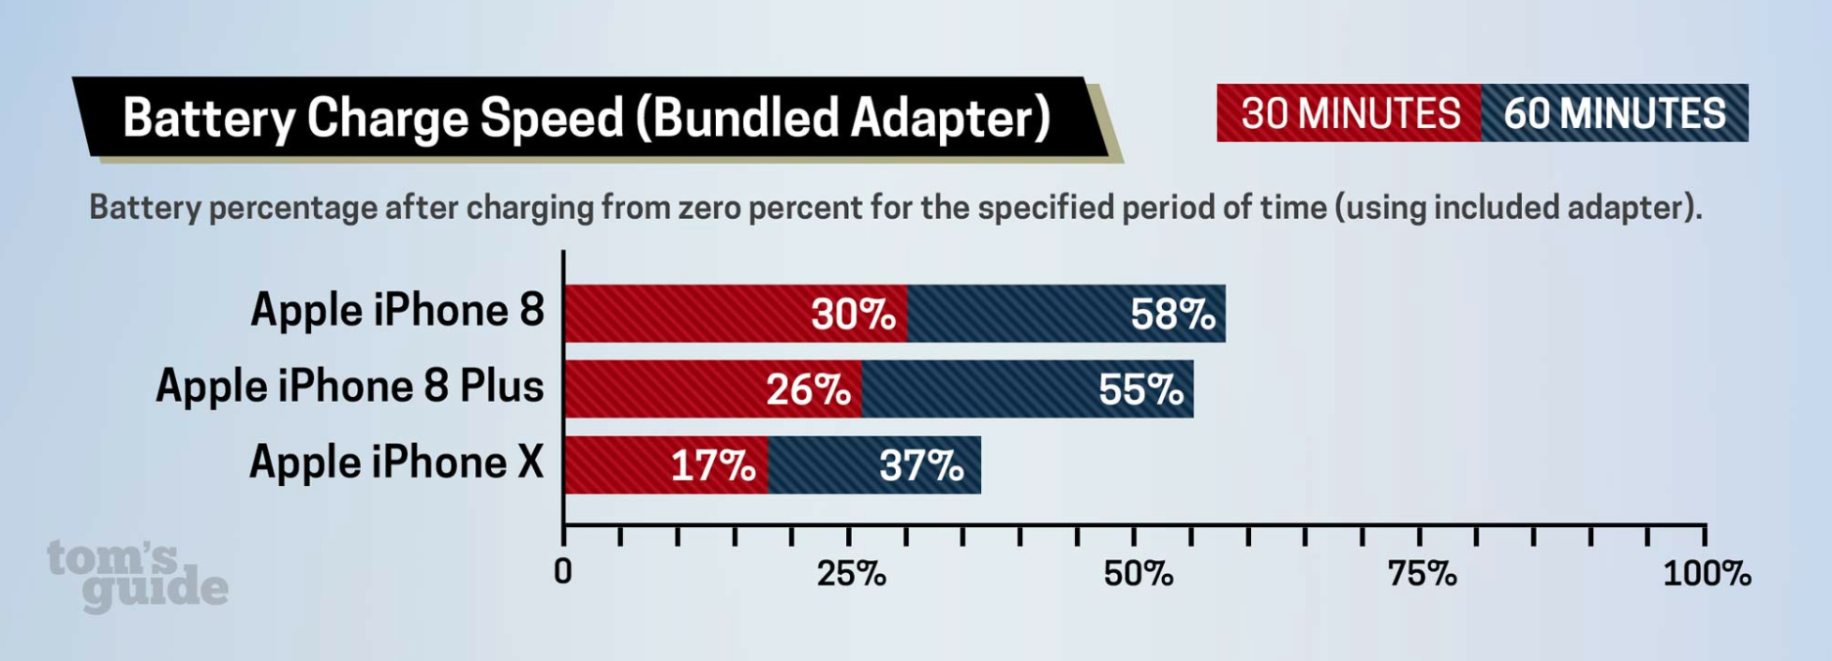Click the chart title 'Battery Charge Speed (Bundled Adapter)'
pyautogui.click(x=586, y=118)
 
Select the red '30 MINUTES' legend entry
pyautogui.click(x=1350, y=114)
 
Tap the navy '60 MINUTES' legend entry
pyautogui.click(x=1615, y=114)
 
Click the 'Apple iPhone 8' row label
pyautogui.click(x=397, y=311)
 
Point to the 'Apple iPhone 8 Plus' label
pyautogui.click(x=349, y=386)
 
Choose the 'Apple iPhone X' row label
pyautogui.click(x=396, y=463)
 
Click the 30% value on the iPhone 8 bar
pyautogui.click(x=853, y=315)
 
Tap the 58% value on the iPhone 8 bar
pyautogui.click(x=1173, y=315)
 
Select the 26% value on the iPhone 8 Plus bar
pyautogui.click(x=808, y=390)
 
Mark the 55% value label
pyautogui.click(x=1140, y=390)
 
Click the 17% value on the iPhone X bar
pyautogui.click(x=713, y=466)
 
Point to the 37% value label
pyautogui.click(x=921, y=466)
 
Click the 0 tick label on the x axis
pyautogui.click(x=562, y=572)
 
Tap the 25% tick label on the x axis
pyautogui.click(x=851, y=574)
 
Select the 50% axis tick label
pyautogui.click(x=1138, y=574)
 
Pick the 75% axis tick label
pyautogui.click(x=1422, y=574)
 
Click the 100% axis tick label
pyautogui.click(x=1707, y=574)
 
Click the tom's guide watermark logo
pyautogui.click(x=137, y=576)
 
